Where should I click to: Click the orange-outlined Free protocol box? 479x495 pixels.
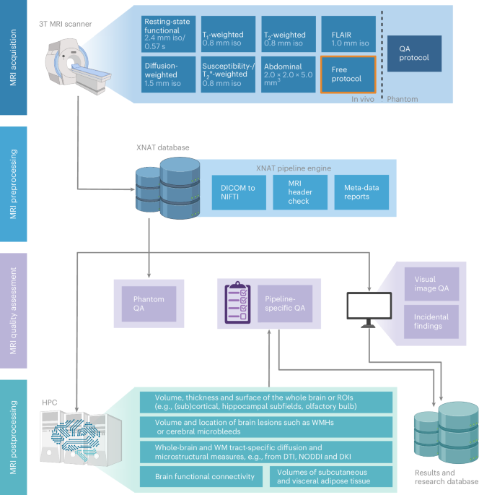pyautogui.click(x=348, y=74)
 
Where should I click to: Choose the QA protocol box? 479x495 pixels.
pyautogui.click(x=414, y=53)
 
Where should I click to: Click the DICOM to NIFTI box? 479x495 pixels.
pyautogui.click(x=238, y=191)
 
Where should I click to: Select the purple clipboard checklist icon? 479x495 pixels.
pyautogui.click(x=239, y=301)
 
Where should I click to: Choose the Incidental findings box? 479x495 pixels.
pyautogui.click(x=431, y=321)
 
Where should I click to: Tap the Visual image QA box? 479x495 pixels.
pyautogui.click(x=431, y=284)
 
